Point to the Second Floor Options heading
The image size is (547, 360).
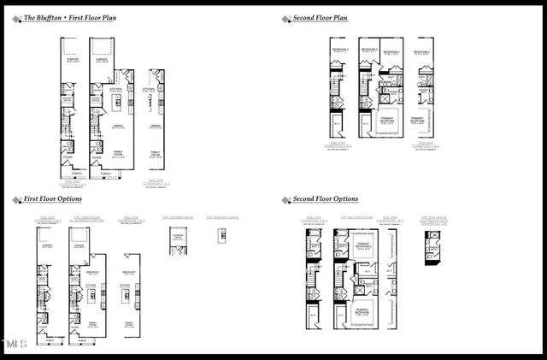(x=326, y=198)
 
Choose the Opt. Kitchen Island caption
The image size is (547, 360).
(x=221, y=218)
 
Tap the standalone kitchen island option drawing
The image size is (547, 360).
(x=221, y=240)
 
